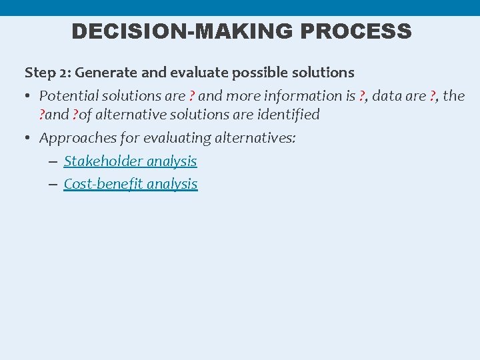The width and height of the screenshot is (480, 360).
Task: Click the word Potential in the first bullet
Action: click(x=67, y=96)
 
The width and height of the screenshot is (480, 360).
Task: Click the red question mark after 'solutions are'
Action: click(x=192, y=96)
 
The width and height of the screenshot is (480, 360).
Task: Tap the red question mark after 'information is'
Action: click(x=361, y=96)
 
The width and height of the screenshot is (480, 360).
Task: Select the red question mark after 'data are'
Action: click(x=433, y=96)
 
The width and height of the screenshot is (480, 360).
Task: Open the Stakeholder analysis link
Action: click(x=130, y=161)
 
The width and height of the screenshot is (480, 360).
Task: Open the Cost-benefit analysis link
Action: click(x=130, y=184)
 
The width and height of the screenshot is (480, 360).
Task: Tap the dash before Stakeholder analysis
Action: click(x=53, y=162)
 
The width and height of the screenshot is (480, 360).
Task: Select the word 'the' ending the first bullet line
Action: click(x=454, y=96)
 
